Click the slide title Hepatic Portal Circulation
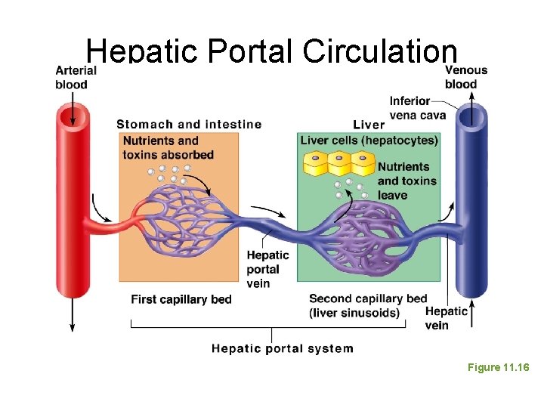click(x=272, y=51)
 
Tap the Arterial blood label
click(x=76, y=77)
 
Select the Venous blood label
click(x=465, y=77)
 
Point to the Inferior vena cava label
click(x=418, y=108)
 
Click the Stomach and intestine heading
click(x=189, y=125)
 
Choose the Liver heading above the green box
click(x=368, y=125)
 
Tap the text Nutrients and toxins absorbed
click(x=168, y=147)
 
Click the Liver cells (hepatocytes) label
click(x=369, y=141)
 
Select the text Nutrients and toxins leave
click(x=406, y=181)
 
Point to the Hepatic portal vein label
click(x=267, y=269)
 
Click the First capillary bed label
click(x=181, y=299)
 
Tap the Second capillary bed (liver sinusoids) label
click(x=368, y=305)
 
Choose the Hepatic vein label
click(x=447, y=318)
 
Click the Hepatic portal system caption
click(x=282, y=348)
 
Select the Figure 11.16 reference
click(x=498, y=367)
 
